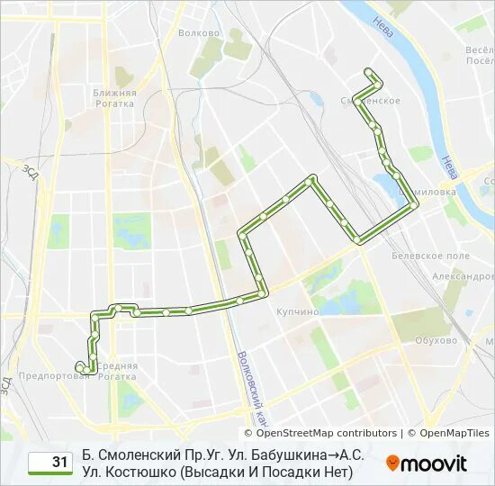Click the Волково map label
point(199,33)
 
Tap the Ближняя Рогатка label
point(114,98)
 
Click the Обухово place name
point(436,340)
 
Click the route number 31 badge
point(50,463)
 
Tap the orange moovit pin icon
point(393,463)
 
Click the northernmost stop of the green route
point(367,70)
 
